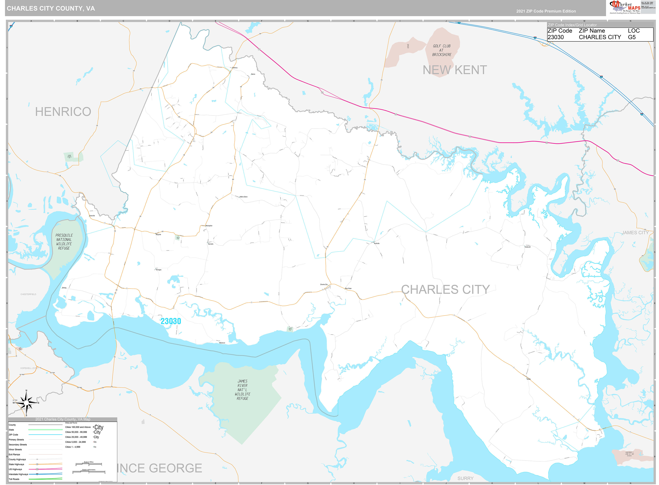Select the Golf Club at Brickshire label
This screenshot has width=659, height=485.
coord(442,50)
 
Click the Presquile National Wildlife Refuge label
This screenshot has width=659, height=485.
coord(64,242)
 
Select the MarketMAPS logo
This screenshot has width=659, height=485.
coord(625,7)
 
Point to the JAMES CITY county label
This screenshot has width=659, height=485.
coord(635,232)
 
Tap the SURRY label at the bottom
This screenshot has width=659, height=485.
coord(465,478)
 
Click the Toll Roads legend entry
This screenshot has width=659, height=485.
coord(14,479)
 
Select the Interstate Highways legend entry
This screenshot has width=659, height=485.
coord(18,474)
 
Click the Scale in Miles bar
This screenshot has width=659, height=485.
coord(89,464)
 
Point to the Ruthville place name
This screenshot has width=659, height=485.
coord(377,243)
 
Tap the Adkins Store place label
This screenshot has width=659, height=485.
coord(243,197)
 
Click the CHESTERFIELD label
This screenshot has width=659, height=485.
coord(29,294)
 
